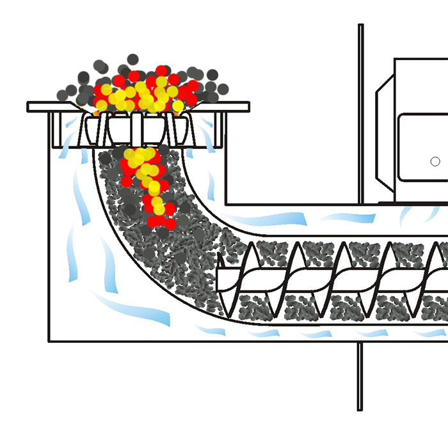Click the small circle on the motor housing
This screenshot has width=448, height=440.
pos(435,161)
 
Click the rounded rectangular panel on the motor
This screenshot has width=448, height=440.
pos(422,148)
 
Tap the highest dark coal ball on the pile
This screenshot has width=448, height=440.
pos(132,59)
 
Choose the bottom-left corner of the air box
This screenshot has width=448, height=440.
pos(50,340)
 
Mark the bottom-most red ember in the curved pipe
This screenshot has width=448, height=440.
pos(170,224)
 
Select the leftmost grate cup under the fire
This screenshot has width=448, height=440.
pos(93,129)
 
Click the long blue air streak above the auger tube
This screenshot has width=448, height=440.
pos(269,219)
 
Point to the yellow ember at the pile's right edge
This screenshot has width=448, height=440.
pos(177,105)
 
